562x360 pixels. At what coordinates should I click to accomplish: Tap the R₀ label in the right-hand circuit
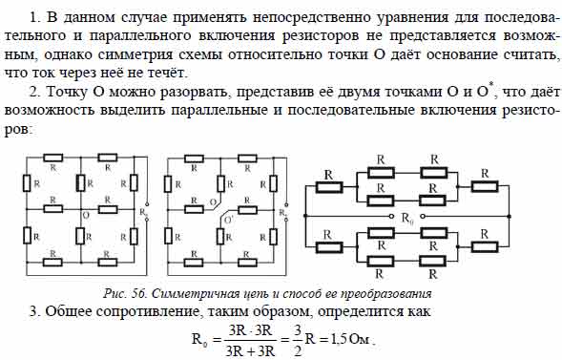click(x=406, y=219)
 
